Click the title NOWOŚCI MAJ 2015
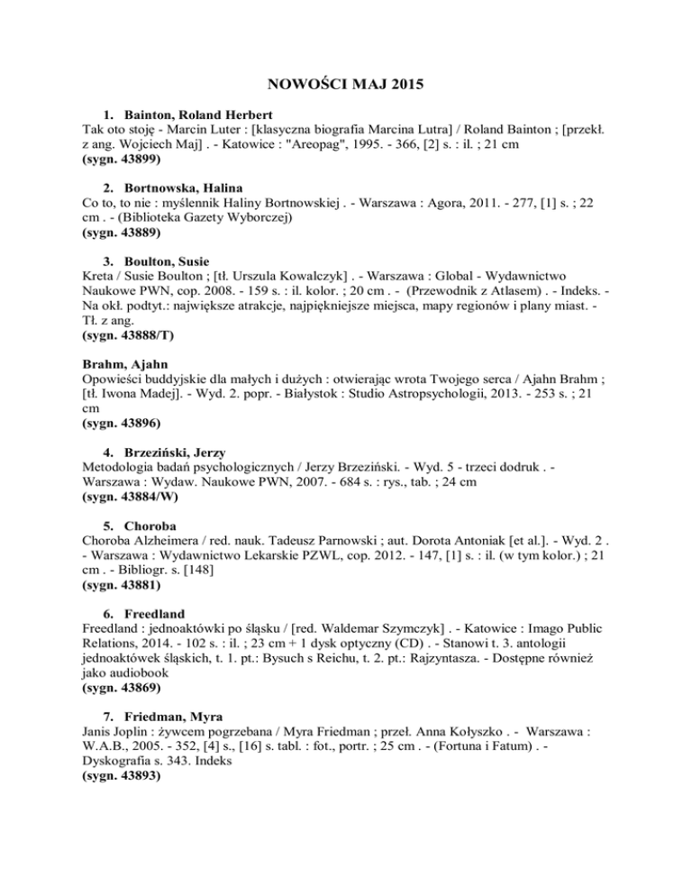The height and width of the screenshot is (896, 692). (345, 87)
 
